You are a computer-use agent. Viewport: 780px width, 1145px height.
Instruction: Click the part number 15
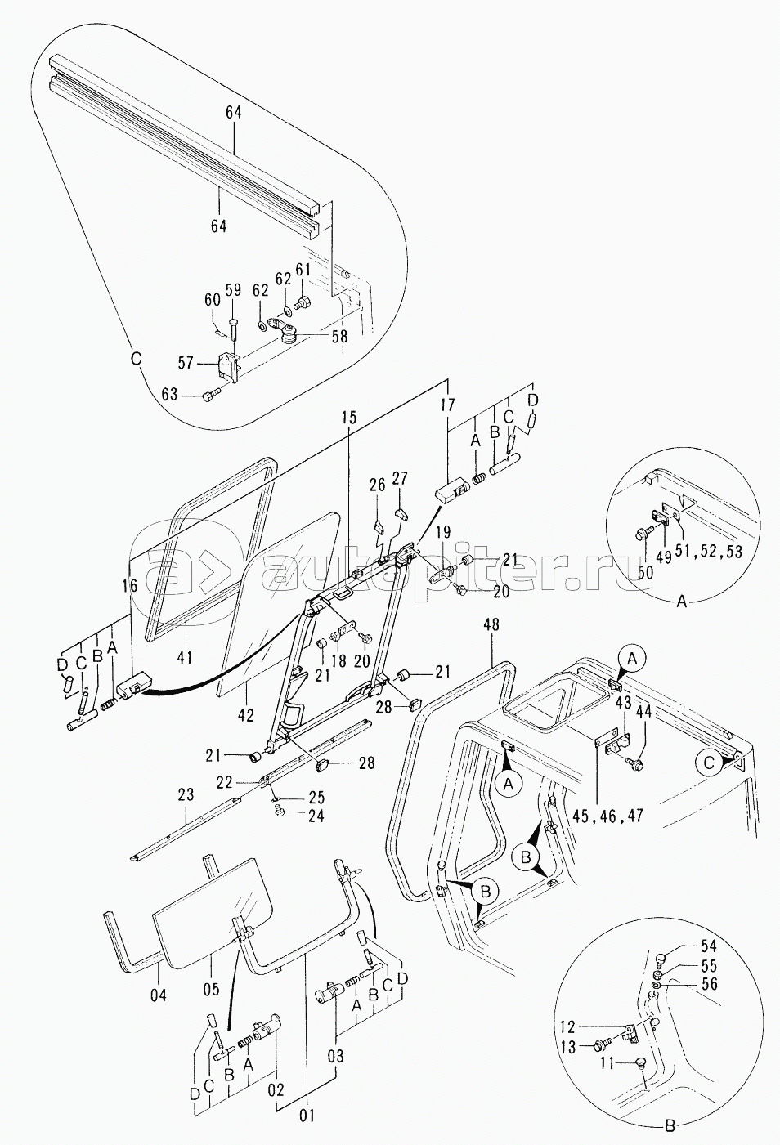(349, 418)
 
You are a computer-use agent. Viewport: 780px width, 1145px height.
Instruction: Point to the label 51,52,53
(711, 552)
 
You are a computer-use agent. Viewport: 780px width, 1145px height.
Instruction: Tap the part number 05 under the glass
(212, 989)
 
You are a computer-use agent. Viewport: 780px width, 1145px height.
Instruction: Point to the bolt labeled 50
(643, 534)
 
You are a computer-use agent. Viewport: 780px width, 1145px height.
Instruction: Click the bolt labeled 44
(636, 764)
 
